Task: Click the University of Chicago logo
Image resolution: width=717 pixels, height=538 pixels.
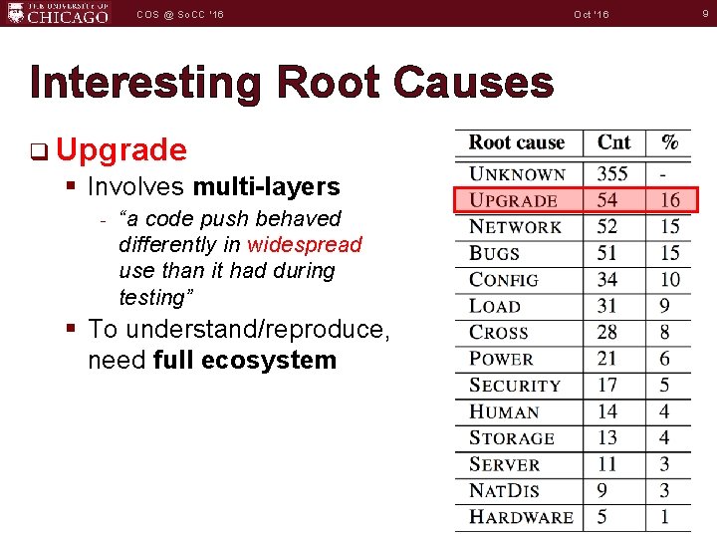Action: coord(57,14)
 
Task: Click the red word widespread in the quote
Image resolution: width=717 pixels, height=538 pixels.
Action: coord(305,245)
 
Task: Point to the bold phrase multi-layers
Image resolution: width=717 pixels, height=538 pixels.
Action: coord(266,186)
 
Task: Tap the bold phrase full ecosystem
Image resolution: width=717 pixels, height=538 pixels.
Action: coord(245,360)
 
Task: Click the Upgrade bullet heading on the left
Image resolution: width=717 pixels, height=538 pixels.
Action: coord(121,150)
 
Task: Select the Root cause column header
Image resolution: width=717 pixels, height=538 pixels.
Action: coord(516,143)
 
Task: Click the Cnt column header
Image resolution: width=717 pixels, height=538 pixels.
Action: coord(613,143)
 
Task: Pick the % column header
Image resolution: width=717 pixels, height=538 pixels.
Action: coord(670,143)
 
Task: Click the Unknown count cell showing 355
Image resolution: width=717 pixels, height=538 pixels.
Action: coord(612,174)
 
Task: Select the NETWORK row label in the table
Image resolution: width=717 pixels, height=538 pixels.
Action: coord(515,227)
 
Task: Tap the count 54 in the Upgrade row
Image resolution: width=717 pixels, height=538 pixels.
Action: coord(607,200)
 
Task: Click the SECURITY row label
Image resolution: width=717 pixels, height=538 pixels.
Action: coord(515,386)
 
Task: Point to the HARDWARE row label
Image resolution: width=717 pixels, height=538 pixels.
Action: coord(521,517)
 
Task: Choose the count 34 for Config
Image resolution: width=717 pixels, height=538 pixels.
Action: coord(607,280)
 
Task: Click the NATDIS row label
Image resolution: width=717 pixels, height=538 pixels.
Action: coord(504,491)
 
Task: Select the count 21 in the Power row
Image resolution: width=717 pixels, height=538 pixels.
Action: coord(607,359)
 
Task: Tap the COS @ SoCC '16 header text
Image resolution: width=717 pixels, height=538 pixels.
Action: coord(181,14)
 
